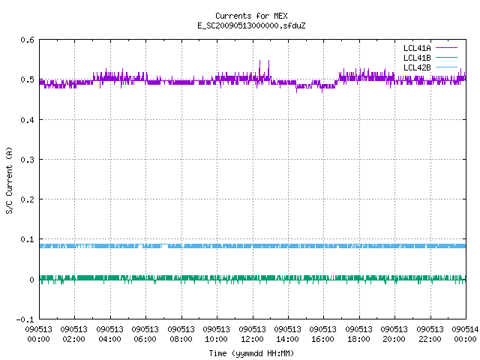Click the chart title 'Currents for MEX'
coord(251,16)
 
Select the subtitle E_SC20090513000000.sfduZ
coord(251,25)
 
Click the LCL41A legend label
coord(417,48)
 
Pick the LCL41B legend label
coord(417,58)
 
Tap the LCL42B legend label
coord(417,67)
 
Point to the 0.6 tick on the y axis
coord(27,40)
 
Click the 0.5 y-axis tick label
coord(27,79)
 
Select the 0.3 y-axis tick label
coord(27,160)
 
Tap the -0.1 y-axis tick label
coord(25,319)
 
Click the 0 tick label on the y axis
coord(31,280)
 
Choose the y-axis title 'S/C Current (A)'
coord(10,181)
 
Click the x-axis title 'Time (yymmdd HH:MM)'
coord(251,353)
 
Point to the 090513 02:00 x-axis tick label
coord(73,334)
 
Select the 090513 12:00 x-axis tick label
coord(252,334)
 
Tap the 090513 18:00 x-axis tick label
coord(358,334)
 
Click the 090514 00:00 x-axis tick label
coord(465,334)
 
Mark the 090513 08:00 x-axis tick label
coord(181,334)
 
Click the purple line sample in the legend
coord(446,48)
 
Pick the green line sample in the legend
coord(446,57)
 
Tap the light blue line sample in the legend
coord(446,67)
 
